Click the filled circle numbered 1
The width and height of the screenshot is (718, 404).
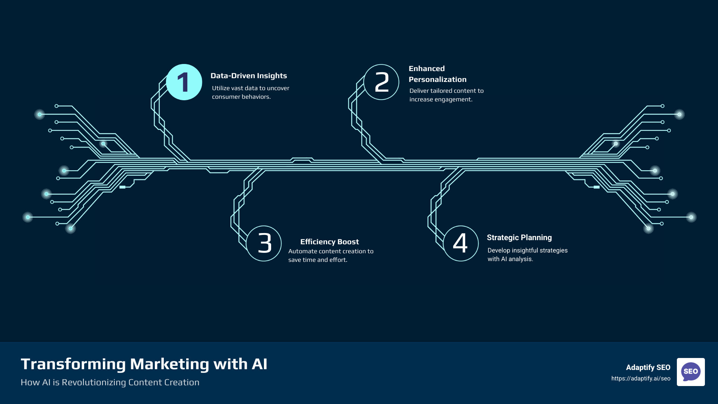[x=184, y=82]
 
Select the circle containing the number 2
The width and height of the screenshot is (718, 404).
[x=381, y=82]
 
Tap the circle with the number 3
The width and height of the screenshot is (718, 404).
[x=264, y=244]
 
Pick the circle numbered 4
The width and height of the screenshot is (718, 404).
[x=461, y=244]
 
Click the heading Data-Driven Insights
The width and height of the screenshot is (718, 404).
[x=249, y=76]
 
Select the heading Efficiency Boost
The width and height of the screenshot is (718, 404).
[x=329, y=242]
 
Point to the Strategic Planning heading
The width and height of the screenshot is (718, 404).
[x=519, y=238]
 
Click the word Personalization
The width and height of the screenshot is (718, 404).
[x=438, y=79]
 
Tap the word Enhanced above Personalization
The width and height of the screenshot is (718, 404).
[x=427, y=68]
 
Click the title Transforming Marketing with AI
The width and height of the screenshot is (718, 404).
[x=144, y=364]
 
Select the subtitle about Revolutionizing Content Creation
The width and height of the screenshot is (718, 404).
[x=110, y=382]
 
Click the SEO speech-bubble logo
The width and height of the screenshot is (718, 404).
[x=691, y=372]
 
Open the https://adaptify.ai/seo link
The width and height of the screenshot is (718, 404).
[x=641, y=379]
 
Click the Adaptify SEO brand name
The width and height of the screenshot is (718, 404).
[x=648, y=367]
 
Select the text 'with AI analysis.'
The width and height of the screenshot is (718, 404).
[x=510, y=259]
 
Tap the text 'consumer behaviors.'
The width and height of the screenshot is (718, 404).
[x=241, y=97]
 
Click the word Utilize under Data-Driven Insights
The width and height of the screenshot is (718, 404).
[x=221, y=88]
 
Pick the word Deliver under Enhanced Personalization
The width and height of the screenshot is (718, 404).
[x=419, y=91]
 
